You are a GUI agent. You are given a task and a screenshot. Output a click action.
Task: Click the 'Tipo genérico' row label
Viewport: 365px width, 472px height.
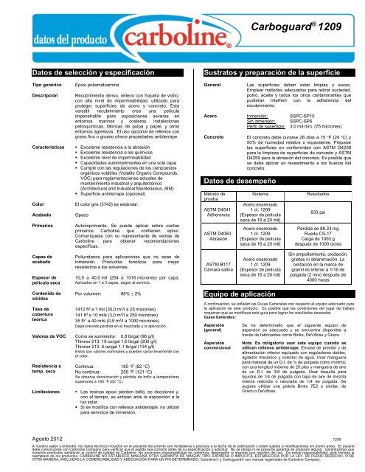pos(26,86)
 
